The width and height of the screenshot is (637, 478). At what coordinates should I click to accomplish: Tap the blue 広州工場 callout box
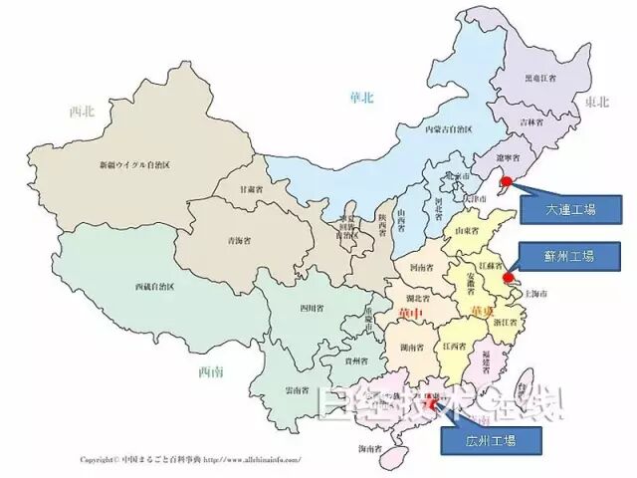[x=491, y=437]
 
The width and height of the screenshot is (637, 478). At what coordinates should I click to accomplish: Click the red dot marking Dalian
[x=506, y=181]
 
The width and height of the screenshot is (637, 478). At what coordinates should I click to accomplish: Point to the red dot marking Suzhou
[x=507, y=278]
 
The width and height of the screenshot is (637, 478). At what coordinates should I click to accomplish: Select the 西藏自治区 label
[x=154, y=286]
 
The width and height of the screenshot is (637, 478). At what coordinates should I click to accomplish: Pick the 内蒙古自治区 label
[x=448, y=129]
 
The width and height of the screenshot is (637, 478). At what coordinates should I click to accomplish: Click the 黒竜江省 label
[x=541, y=78]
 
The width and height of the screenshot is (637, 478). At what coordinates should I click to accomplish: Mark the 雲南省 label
[x=297, y=390]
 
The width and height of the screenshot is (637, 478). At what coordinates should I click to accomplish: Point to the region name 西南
[x=211, y=372]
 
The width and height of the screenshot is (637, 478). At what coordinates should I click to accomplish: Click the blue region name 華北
[x=361, y=97]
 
